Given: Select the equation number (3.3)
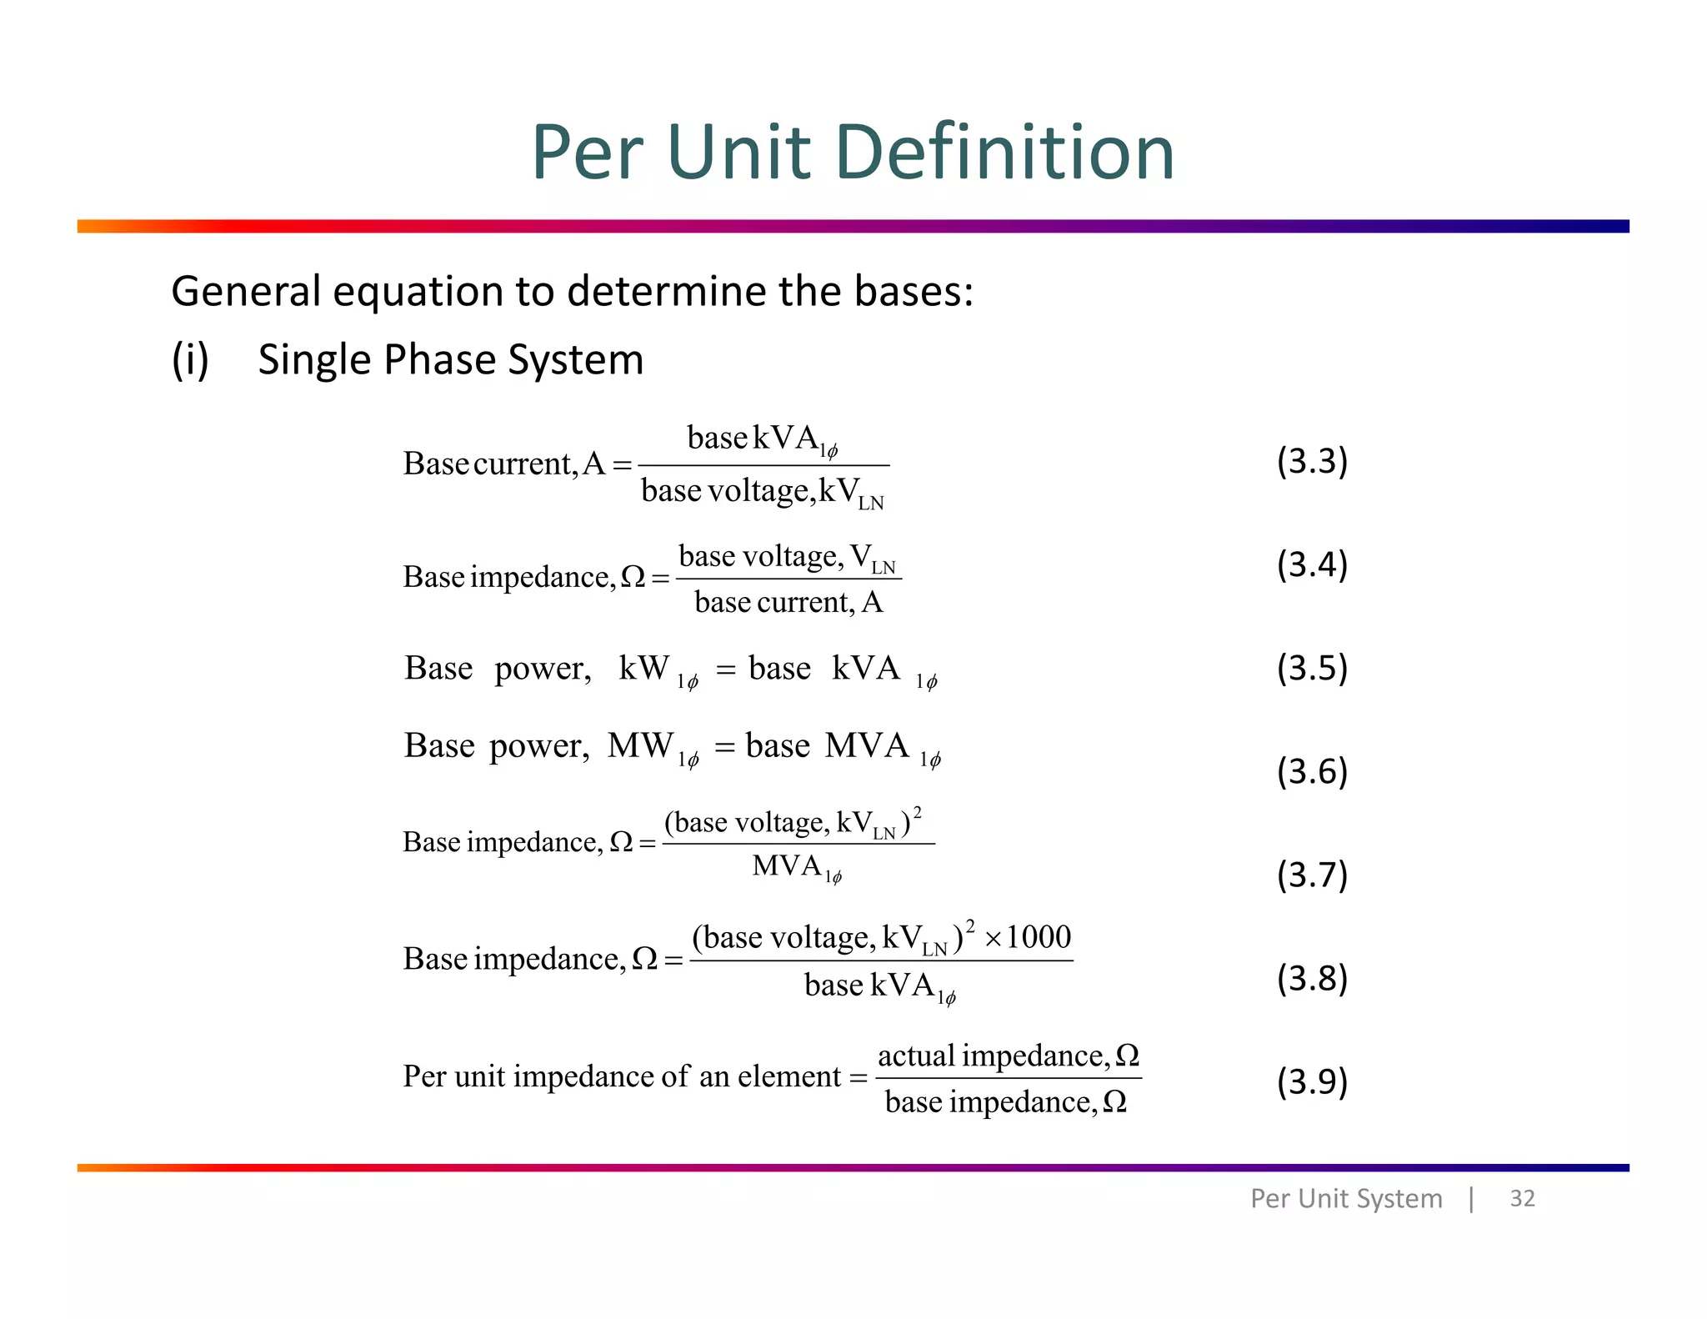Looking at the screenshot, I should tap(1312, 461).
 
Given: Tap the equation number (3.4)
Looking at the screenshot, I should tap(1312, 564).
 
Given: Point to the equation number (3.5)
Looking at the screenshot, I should tap(1312, 668).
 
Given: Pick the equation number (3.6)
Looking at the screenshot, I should tap(1312, 771).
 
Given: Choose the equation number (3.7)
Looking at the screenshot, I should tap(1312, 875).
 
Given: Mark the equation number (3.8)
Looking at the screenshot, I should tap(1312, 978).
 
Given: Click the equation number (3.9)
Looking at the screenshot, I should tap(1312, 1081).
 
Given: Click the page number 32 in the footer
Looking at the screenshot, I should tap(1522, 1198).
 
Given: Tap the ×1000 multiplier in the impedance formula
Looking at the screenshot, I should tap(1028, 937).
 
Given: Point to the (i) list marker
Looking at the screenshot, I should tap(190, 360).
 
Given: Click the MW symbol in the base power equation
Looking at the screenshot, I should tap(640, 745).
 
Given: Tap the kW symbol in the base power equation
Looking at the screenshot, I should tap(643, 668).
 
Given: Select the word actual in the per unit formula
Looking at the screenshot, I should tap(916, 1056).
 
